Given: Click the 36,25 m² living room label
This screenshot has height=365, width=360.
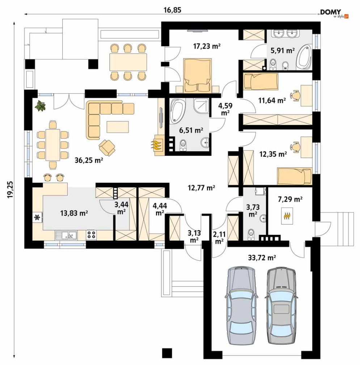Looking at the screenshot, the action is pos(89,160).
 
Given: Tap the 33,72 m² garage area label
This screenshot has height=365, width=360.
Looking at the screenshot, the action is pos(262,258).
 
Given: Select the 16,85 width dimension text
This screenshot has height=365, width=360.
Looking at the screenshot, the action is pos(173,10).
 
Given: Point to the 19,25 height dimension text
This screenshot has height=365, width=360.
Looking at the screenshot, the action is pos(10,190).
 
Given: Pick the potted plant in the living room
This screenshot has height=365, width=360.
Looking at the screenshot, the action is pos(40,106).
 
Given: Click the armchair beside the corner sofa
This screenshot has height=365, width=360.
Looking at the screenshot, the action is pos(107,147).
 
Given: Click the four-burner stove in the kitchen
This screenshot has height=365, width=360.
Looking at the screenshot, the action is pos(91,235).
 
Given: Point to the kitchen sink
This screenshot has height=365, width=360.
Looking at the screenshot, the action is pos(66,235).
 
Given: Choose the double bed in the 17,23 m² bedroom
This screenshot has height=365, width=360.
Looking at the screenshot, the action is pos(198,76).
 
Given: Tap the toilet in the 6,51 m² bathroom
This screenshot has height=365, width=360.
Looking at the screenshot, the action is pos(183,146).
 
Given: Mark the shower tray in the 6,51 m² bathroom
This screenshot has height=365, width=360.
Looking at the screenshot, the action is pos(201,106).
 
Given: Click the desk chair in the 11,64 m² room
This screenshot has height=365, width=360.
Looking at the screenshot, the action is pos(295,95).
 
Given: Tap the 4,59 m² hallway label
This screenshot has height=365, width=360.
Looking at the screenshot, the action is pos(225,109).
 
